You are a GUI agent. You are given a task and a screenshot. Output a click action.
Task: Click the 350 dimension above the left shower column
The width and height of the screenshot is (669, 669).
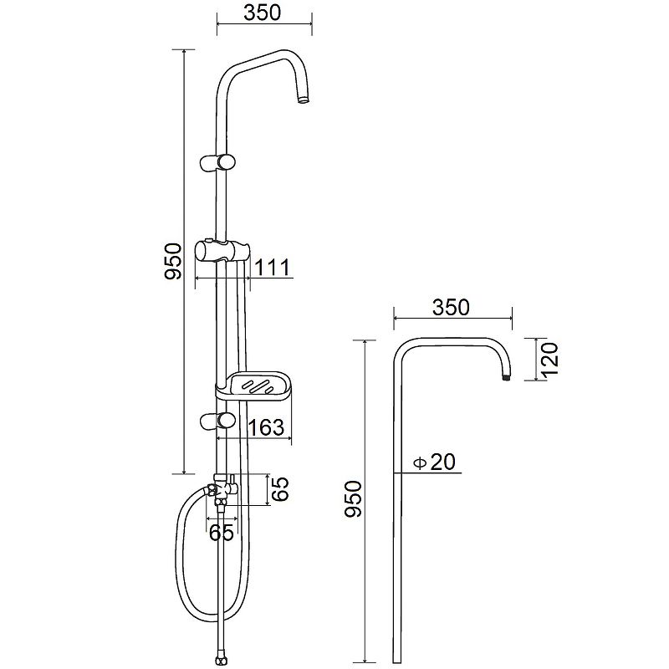pos(263,13)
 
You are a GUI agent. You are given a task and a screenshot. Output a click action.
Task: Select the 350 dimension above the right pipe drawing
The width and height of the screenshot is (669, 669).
pos(451,307)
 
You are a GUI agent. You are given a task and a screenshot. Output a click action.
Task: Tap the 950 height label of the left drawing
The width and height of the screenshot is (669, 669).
pos(173,261)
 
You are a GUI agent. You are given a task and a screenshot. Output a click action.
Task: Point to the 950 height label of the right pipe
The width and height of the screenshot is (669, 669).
pos(353,498)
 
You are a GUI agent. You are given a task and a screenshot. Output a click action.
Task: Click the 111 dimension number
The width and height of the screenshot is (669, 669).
pos(273,268)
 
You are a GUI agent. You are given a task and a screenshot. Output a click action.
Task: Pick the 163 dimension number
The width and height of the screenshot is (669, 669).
pos(266,427)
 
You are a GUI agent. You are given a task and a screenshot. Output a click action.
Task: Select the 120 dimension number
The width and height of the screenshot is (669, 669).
pos(551,359)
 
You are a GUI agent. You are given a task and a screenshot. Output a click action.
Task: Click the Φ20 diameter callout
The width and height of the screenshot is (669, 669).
pos(435,462)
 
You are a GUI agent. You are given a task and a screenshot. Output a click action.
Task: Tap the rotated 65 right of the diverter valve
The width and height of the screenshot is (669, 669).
pos(280,489)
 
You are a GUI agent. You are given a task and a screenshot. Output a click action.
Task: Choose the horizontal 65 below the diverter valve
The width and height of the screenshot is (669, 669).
pos(222,532)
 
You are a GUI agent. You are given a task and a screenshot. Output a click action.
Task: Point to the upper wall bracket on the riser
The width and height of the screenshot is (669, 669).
pos(217,162)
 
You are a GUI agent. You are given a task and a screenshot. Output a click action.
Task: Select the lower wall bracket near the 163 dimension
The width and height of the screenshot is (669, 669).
pos(217,421)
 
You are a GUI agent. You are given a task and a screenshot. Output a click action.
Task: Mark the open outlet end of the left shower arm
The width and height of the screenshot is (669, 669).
pos(303,100)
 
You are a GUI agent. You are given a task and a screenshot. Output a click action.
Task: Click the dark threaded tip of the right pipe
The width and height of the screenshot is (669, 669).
pos(507,378)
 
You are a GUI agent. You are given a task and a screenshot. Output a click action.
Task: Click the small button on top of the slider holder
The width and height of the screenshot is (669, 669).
pos(208,240)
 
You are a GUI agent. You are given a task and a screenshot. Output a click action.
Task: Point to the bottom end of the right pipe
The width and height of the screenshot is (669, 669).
pos(397,662)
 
